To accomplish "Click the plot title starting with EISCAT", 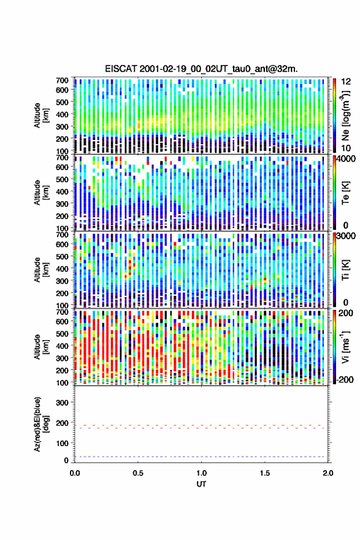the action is [201, 69].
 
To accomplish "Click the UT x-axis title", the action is [201, 484].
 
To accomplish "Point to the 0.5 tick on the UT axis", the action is [138, 473].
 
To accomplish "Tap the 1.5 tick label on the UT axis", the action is [265, 473].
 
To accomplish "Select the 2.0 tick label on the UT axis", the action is [328, 473].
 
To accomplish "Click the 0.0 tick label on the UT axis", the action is [75, 473].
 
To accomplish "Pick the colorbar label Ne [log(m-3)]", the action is [346, 115].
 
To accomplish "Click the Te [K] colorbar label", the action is [346, 193].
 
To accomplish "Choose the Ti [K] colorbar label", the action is [346, 269].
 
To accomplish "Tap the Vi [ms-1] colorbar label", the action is [346, 347].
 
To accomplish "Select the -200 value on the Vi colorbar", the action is [344, 379].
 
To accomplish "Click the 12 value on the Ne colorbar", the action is [347, 81].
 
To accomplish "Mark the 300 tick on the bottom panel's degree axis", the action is [63, 403].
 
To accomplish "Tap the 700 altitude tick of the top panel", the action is [63, 80].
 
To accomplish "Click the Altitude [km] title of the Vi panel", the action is [41, 347].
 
